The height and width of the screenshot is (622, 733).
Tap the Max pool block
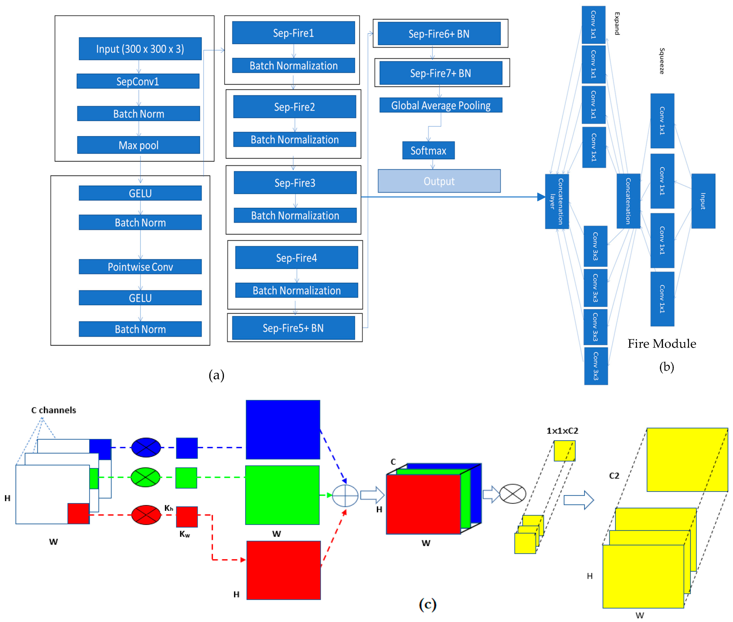[138, 145]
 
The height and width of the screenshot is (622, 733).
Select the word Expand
[617, 24]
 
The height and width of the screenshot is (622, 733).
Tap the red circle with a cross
[146, 515]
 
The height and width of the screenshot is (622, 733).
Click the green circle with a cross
[146, 477]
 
